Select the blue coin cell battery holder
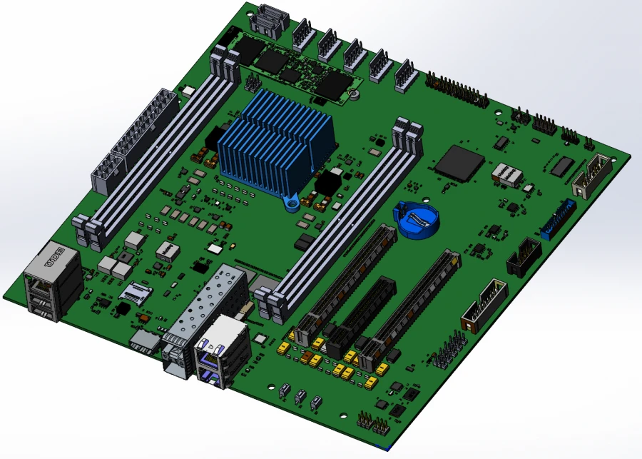[x=415, y=219]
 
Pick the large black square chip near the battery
[x=458, y=162]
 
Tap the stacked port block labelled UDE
[x=51, y=282]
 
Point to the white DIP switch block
[x=506, y=174]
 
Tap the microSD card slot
[x=136, y=291]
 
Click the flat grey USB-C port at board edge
[x=146, y=341]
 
